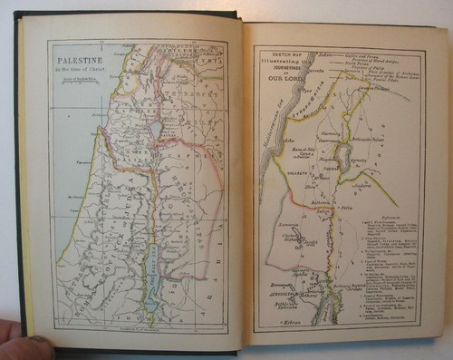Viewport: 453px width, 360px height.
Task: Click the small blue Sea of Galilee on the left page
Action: [x=156, y=131]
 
